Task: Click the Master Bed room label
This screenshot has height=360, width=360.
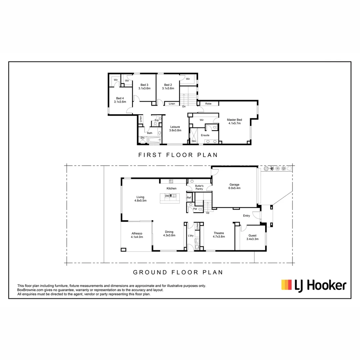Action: (x=234, y=121)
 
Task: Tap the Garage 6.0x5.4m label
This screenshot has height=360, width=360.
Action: (x=235, y=186)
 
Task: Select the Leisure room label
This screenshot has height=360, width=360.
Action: (x=175, y=128)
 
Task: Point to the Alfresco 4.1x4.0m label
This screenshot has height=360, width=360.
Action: (x=137, y=235)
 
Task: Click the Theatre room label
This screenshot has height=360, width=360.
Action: (x=219, y=235)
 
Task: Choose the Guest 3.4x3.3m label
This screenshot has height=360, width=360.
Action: (x=252, y=237)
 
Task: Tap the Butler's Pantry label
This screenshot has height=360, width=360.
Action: (x=199, y=187)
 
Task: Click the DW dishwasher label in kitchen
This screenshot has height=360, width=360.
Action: (x=167, y=196)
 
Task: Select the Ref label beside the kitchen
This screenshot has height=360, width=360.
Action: (x=189, y=198)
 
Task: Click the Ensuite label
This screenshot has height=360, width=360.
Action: (x=205, y=135)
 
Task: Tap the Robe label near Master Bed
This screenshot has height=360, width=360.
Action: (x=208, y=104)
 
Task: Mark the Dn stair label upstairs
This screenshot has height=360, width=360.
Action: (x=184, y=107)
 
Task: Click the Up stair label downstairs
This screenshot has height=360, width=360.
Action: (x=208, y=212)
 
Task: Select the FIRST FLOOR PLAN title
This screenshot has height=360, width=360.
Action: (x=178, y=155)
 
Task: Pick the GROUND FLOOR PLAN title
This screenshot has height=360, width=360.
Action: (x=178, y=272)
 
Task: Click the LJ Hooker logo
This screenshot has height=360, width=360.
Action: (x=314, y=286)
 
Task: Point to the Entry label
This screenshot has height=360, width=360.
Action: (x=246, y=216)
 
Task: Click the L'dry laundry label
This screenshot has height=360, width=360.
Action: (x=191, y=236)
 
